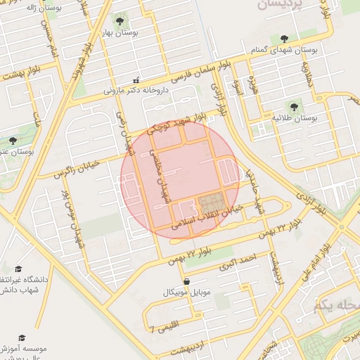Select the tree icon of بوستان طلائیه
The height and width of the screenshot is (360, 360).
(293, 107)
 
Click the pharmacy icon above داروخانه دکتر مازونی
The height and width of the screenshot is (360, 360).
(136, 80)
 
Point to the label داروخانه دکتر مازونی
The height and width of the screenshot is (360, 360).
(135, 91)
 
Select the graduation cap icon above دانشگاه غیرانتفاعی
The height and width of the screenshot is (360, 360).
(18, 269)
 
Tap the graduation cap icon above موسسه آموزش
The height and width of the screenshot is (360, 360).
(21, 337)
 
